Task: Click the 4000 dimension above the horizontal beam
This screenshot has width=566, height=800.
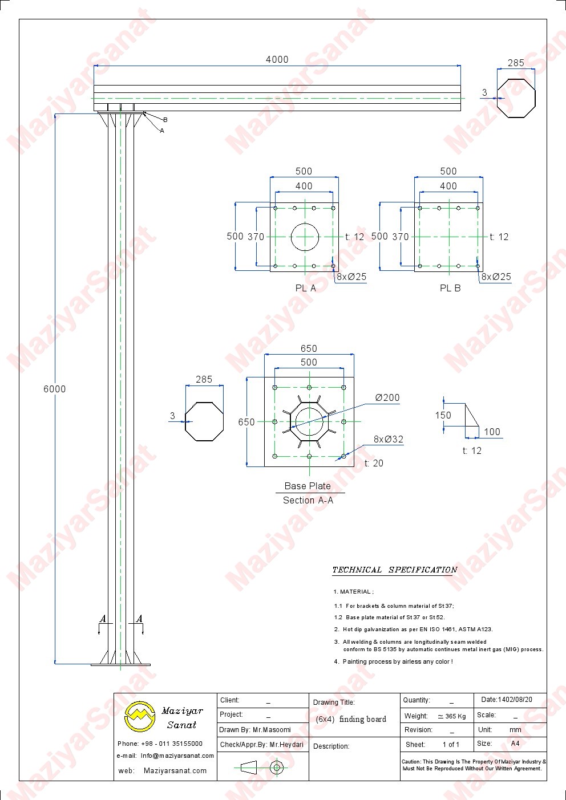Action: click(x=277, y=59)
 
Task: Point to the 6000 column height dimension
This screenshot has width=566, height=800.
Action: click(x=55, y=389)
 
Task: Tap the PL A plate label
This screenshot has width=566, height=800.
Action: click(x=305, y=288)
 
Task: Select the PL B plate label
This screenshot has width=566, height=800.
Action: click(x=450, y=288)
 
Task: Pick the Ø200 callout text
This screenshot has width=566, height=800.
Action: click(x=387, y=397)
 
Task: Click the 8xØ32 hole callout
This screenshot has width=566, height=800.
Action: click(x=389, y=439)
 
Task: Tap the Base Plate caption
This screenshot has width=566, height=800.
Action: click(x=308, y=486)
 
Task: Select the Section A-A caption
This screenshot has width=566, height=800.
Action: click(x=308, y=500)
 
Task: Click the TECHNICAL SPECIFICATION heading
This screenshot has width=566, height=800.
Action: click(x=395, y=570)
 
